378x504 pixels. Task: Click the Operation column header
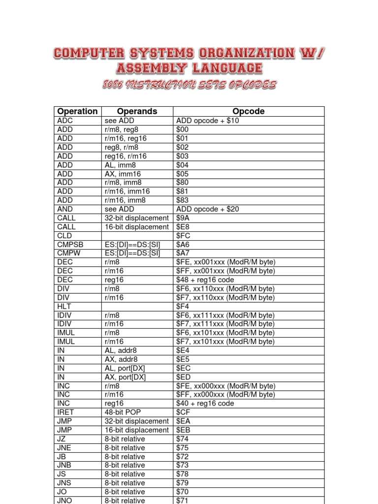click(77, 111)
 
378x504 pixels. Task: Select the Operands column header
click(137, 111)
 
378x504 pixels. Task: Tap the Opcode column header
click(249, 111)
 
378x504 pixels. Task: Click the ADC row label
click(65, 121)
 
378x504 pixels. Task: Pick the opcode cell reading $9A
click(183, 218)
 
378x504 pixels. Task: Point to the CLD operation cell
click(64, 236)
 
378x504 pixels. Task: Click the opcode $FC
click(183, 236)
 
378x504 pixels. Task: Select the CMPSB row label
click(69, 245)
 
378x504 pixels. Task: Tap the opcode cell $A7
click(183, 253)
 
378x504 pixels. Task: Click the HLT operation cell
click(64, 306)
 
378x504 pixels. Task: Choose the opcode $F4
click(183, 306)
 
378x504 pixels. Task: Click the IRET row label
click(65, 412)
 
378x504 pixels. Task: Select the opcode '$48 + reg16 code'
click(205, 280)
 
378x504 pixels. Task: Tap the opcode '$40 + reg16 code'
click(205, 404)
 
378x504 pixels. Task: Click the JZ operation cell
click(62, 439)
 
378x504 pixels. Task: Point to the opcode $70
click(183, 492)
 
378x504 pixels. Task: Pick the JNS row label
click(65, 483)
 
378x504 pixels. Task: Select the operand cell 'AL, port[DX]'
click(125, 368)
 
